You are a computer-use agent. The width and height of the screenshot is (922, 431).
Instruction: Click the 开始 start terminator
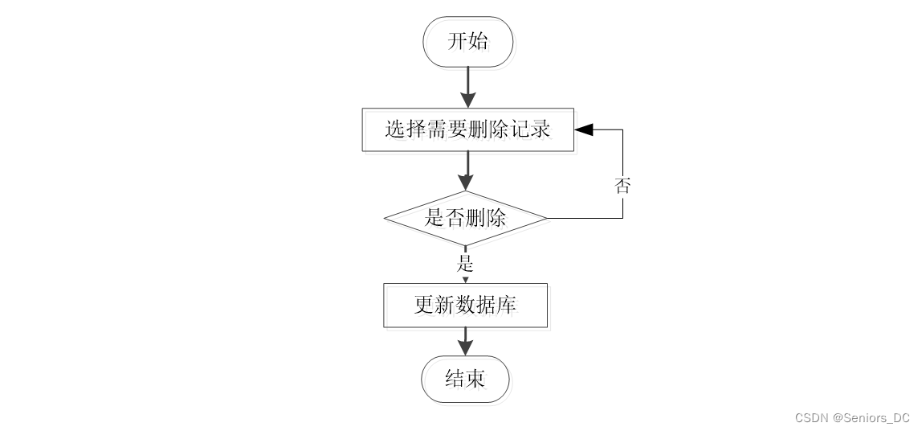[x=467, y=42]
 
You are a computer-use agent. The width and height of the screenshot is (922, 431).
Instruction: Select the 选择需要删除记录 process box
[x=467, y=129]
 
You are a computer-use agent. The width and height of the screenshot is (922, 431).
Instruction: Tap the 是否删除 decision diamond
[x=465, y=218]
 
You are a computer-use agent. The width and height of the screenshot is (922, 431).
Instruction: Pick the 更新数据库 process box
[x=465, y=306]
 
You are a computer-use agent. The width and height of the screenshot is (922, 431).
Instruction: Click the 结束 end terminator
[x=465, y=378]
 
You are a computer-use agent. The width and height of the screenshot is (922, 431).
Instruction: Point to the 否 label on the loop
[x=622, y=186]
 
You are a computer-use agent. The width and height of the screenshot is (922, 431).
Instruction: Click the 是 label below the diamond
[x=465, y=263]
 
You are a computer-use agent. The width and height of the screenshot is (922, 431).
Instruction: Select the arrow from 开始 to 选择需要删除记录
[x=467, y=87]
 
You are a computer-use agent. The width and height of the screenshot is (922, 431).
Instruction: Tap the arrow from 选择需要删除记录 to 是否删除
[x=467, y=170]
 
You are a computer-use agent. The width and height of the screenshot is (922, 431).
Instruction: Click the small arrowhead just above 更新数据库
[x=465, y=280]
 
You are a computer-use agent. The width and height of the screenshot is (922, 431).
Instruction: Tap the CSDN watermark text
[x=811, y=418]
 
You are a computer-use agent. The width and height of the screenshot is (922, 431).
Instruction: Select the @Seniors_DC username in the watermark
[x=871, y=418]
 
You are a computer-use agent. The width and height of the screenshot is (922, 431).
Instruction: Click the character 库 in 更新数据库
[x=507, y=306]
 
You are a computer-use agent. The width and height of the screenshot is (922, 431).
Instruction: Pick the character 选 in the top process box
[x=395, y=129]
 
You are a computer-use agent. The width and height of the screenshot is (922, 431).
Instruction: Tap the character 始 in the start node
[x=478, y=42]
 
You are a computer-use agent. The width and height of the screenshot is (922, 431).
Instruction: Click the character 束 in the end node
[x=475, y=378]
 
